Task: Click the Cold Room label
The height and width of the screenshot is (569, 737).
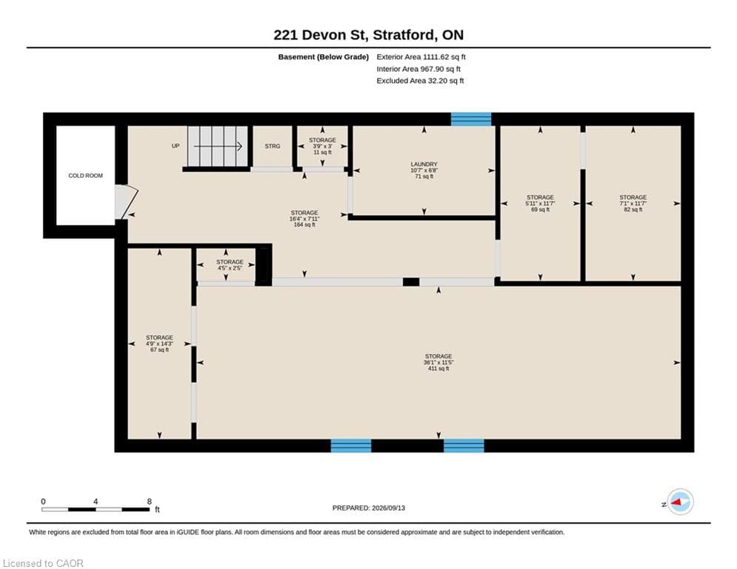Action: click(x=85, y=176)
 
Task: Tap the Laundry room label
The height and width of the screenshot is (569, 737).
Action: click(x=424, y=170)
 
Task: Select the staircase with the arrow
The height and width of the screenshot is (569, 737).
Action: click(x=218, y=146)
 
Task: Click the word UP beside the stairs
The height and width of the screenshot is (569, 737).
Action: click(x=176, y=146)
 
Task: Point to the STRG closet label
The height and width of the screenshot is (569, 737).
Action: click(x=272, y=146)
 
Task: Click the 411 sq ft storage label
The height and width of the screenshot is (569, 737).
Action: click(x=438, y=362)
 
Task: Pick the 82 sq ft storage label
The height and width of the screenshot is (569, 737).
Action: click(x=633, y=203)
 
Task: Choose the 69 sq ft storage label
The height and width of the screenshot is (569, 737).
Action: click(x=540, y=203)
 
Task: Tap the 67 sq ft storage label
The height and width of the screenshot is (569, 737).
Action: click(x=159, y=344)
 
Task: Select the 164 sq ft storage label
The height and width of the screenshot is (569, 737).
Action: click(x=304, y=219)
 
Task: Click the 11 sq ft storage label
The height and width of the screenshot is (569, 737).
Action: click(x=322, y=146)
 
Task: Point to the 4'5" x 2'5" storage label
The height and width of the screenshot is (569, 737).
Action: click(x=230, y=264)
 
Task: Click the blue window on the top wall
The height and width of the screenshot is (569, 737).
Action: click(x=471, y=119)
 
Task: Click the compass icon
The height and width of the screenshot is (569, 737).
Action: click(x=680, y=502)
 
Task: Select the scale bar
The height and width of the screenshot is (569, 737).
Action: click(x=96, y=509)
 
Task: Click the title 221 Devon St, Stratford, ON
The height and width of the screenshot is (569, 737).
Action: click(x=369, y=35)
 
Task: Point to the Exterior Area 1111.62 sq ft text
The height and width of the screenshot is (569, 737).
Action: click(x=421, y=57)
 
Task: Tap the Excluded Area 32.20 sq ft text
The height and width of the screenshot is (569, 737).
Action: click(x=420, y=81)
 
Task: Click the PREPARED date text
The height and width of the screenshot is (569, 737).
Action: click(x=369, y=508)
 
